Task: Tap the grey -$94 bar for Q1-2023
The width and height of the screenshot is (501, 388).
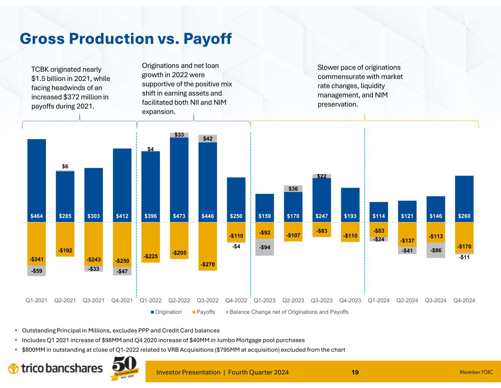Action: (x=265, y=247)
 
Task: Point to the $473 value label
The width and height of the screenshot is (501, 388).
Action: (x=179, y=216)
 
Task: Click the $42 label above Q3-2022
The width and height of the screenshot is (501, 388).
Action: (x=208, y=139)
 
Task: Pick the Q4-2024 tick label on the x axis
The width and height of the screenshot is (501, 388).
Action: (x=464, y=300)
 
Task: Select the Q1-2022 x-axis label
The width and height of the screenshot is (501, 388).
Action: (x=151, y=300)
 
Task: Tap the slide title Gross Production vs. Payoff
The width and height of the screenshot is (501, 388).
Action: (x=126, y=39)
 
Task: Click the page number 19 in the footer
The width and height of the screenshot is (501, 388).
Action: (x=355, y=372)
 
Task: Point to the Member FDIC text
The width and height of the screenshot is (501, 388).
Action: (x=476, y=372)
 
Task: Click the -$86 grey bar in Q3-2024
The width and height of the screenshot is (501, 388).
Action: (x=436, y=250)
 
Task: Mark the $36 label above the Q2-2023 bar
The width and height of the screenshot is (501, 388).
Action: (x=293, y=189)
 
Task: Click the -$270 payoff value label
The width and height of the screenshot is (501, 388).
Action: (x=208, y=264)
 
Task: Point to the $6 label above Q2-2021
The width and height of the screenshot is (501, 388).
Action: (x=65, y=167)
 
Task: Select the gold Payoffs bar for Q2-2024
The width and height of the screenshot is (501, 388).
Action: (x=407, y=234)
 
